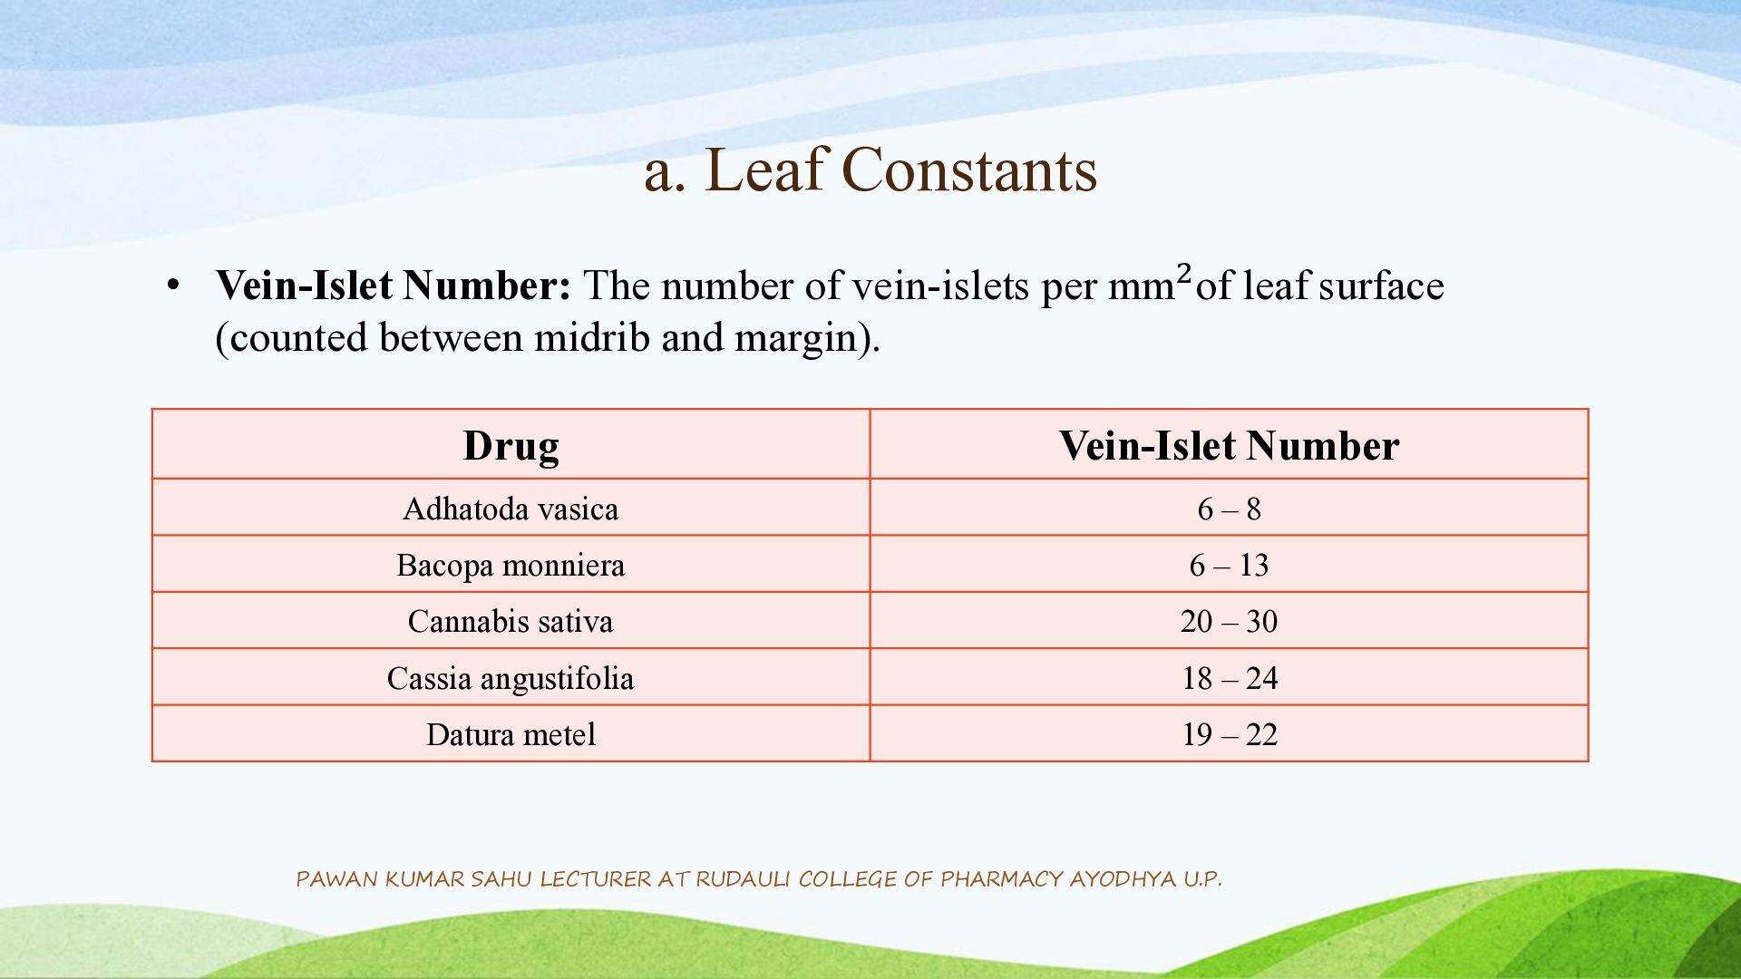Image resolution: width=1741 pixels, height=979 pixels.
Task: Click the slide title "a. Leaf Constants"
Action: click(x=870, y=170)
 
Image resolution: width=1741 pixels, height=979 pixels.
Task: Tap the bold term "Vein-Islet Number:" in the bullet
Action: click(x=394, y=286)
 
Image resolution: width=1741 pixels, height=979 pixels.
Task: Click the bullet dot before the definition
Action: click(x=173, y=286)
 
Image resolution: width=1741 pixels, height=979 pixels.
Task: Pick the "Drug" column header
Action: click(x=511, y=445)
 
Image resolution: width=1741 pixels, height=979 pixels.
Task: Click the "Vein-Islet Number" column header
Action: click(x=1229, y=445)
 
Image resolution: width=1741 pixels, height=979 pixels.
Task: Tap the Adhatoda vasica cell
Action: click(x=511, y=509)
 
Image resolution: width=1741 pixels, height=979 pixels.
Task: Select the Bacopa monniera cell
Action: click(x=511, y=565)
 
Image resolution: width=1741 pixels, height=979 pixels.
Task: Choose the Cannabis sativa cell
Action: click(x=511, y=621)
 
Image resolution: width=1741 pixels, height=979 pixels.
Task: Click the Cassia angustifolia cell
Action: click(x=511, y=678)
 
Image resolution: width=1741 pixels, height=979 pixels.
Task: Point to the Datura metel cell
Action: click(x=511, y=734)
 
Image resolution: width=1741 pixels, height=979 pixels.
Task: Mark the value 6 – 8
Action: click(x=1229, y=509)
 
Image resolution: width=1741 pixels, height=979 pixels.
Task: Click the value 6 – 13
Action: click(x=1229, y=565)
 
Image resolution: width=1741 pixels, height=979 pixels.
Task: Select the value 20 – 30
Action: click(x=1229, y=621)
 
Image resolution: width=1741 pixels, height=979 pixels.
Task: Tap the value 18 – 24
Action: click(x=1229, y=678)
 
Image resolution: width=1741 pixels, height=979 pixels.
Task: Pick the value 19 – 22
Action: click(x=1229, y=734)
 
